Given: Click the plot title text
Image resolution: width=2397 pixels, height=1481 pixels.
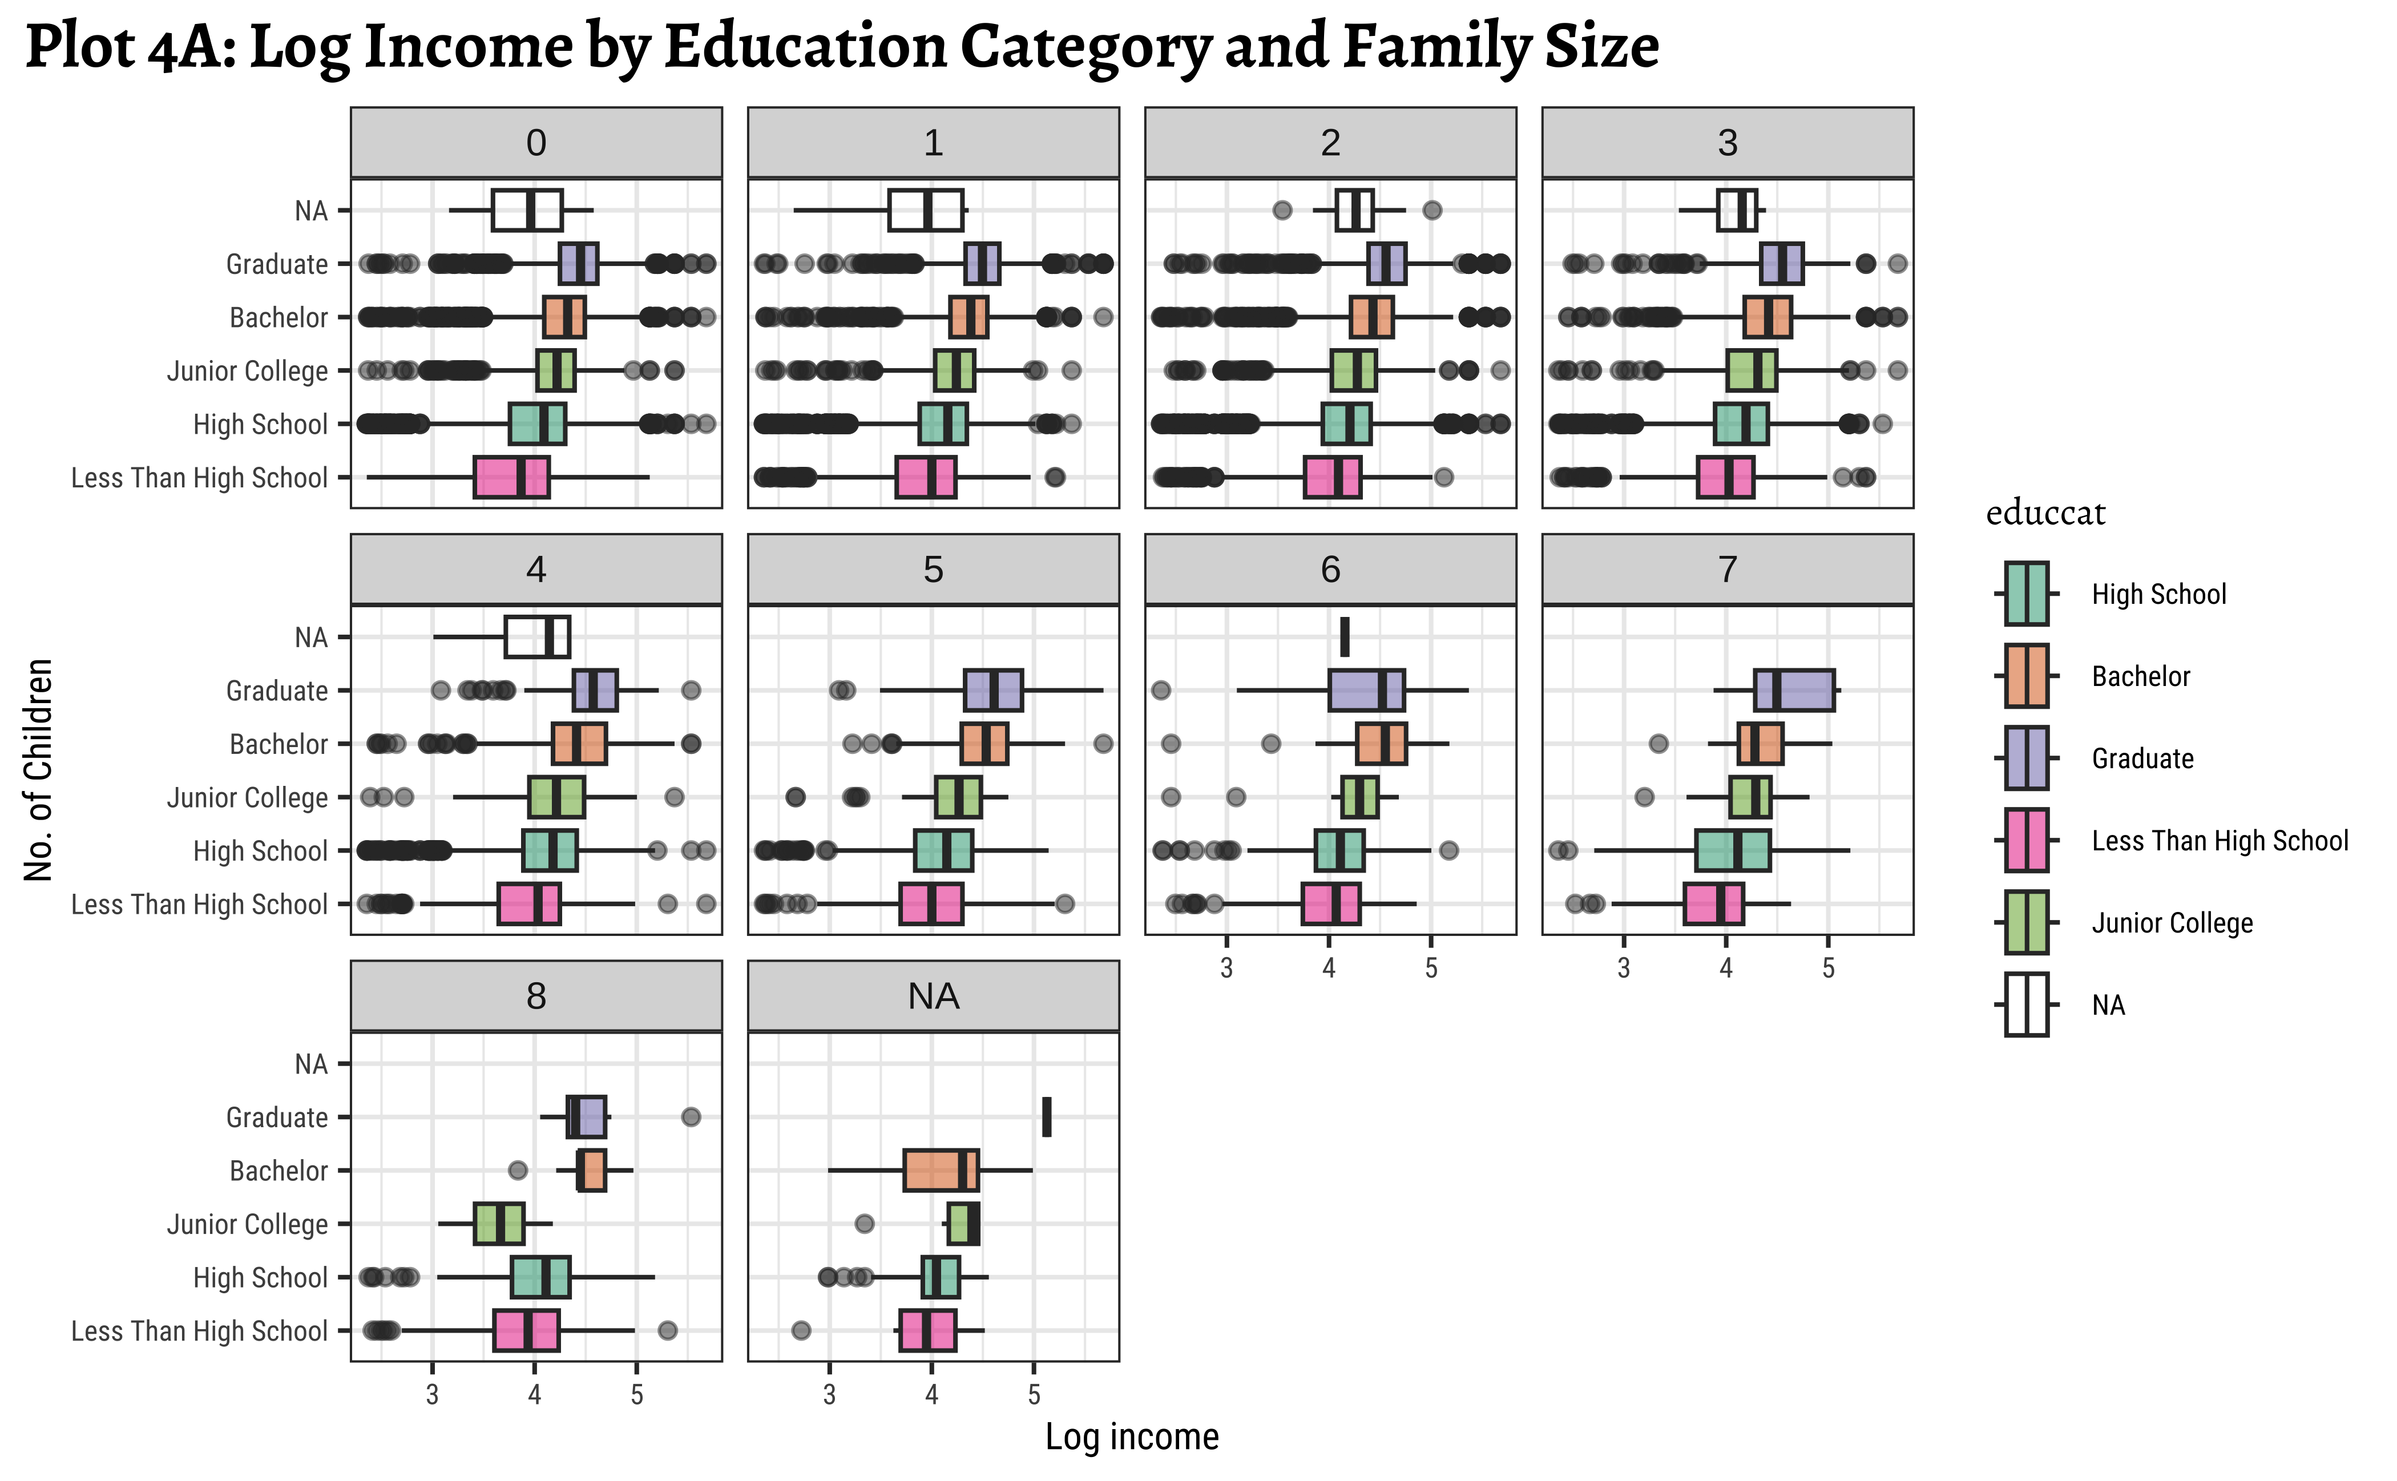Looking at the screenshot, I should click(842, 47).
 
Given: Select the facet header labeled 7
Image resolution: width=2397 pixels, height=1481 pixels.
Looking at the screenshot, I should click(1727, 569).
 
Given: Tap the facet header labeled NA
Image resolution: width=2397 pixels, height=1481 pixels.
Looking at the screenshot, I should click(933, 996).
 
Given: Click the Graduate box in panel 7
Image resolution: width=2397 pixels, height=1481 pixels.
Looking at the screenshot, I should click(1794, 691).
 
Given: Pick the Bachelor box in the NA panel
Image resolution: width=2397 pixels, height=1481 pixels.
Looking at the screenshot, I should click(941, 1171).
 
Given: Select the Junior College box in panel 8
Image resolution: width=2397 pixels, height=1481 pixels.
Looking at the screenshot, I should click(499, 1224).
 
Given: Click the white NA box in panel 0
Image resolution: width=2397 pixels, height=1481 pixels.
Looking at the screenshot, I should click(527, 211).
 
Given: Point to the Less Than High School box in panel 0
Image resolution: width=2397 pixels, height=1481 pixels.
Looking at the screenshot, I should click(511, 478).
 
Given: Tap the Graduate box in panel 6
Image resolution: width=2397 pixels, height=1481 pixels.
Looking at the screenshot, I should click(1366, 691).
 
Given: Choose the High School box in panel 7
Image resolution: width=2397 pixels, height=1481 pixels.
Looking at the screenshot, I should click(1733, 851).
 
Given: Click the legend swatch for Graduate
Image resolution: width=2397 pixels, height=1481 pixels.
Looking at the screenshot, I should click(2025, 758).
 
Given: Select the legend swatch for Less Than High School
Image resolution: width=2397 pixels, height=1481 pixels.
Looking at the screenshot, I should click(2025, 841).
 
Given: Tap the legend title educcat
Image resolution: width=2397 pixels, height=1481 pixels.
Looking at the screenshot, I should click(2045, 513).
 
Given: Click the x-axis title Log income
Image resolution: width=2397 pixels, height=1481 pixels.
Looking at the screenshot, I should click(1131, 1437).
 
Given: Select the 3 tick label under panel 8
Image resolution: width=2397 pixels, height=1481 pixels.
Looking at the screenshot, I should click(432, 1395).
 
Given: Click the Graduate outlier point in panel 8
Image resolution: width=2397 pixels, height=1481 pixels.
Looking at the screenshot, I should click(691, 1117).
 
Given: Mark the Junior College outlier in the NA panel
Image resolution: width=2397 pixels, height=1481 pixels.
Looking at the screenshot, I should click(864, 1224).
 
